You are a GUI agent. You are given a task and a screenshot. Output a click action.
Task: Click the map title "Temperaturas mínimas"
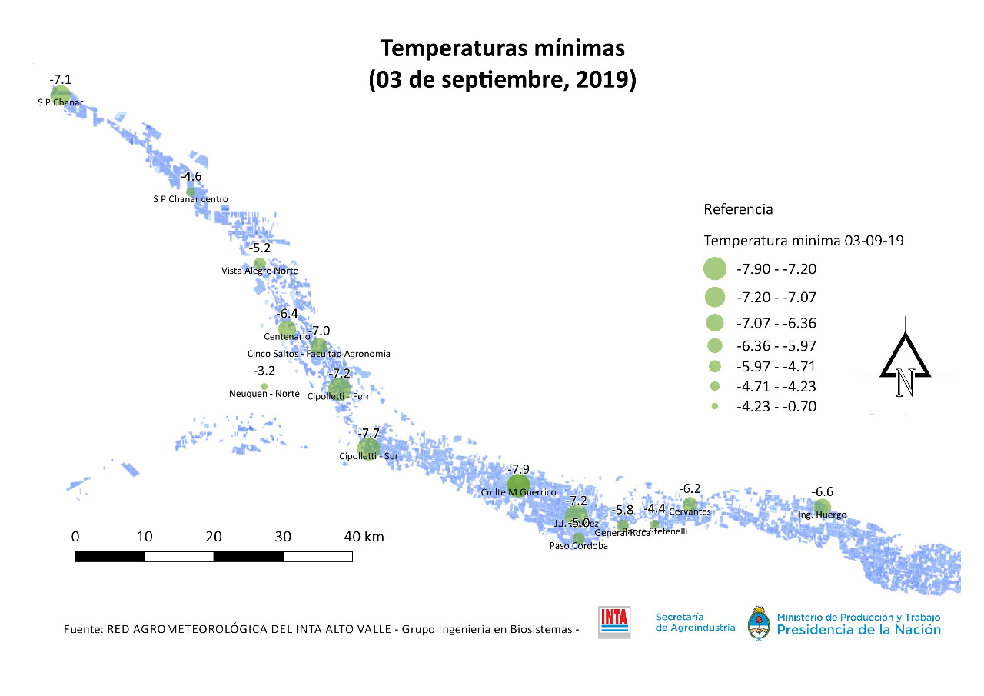tap(503, 48)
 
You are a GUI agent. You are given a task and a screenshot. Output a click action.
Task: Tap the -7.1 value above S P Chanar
tap(61, 80)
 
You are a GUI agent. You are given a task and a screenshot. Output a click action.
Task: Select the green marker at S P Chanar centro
tap(191, 191)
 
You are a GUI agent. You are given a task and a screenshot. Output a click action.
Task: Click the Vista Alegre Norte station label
tap(259, 271)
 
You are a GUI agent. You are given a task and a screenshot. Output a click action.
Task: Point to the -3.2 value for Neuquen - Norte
tap(264, 371)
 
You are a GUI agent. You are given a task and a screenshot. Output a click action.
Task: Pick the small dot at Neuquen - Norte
tap(264, 386)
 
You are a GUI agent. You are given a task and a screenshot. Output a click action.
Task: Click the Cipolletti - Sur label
tap(368, 456)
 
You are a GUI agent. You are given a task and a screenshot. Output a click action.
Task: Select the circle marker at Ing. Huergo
tap(823, 507)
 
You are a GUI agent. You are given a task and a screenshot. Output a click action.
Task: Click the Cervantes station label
tap(690, 511)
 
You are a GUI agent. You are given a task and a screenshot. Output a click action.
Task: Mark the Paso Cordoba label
tap(578, 547)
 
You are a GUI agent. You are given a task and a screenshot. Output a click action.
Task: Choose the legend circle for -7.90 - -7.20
tap(715, 268)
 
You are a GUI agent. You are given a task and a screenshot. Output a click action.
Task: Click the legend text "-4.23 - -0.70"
tap(776, 407)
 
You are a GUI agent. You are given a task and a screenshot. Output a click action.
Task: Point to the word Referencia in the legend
tap(738, 209)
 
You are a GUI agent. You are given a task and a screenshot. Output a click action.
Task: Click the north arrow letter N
tap(905, 382)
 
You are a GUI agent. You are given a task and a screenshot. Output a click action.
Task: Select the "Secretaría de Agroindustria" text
tap(694, 622)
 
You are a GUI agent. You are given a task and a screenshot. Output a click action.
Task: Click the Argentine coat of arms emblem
tap(760, 622)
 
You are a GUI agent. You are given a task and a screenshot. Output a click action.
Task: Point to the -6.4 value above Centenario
tap(288, 314)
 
